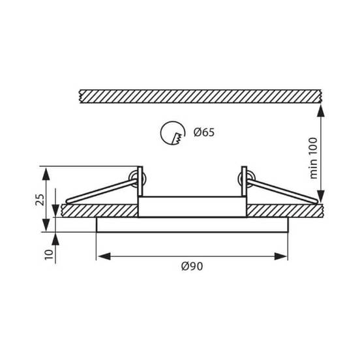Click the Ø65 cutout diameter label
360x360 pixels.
point(204,132)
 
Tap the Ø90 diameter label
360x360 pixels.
point(192,266)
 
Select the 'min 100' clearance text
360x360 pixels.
point(313,158)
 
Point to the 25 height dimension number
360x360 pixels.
point(40,200)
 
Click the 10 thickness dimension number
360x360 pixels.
point(49,254)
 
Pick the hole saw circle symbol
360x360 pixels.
point(173,133)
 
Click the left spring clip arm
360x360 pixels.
point(101,191)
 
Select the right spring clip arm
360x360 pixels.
point(282,191)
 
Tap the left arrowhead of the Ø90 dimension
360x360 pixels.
point(104,256)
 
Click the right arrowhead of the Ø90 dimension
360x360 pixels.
point(281,256)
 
